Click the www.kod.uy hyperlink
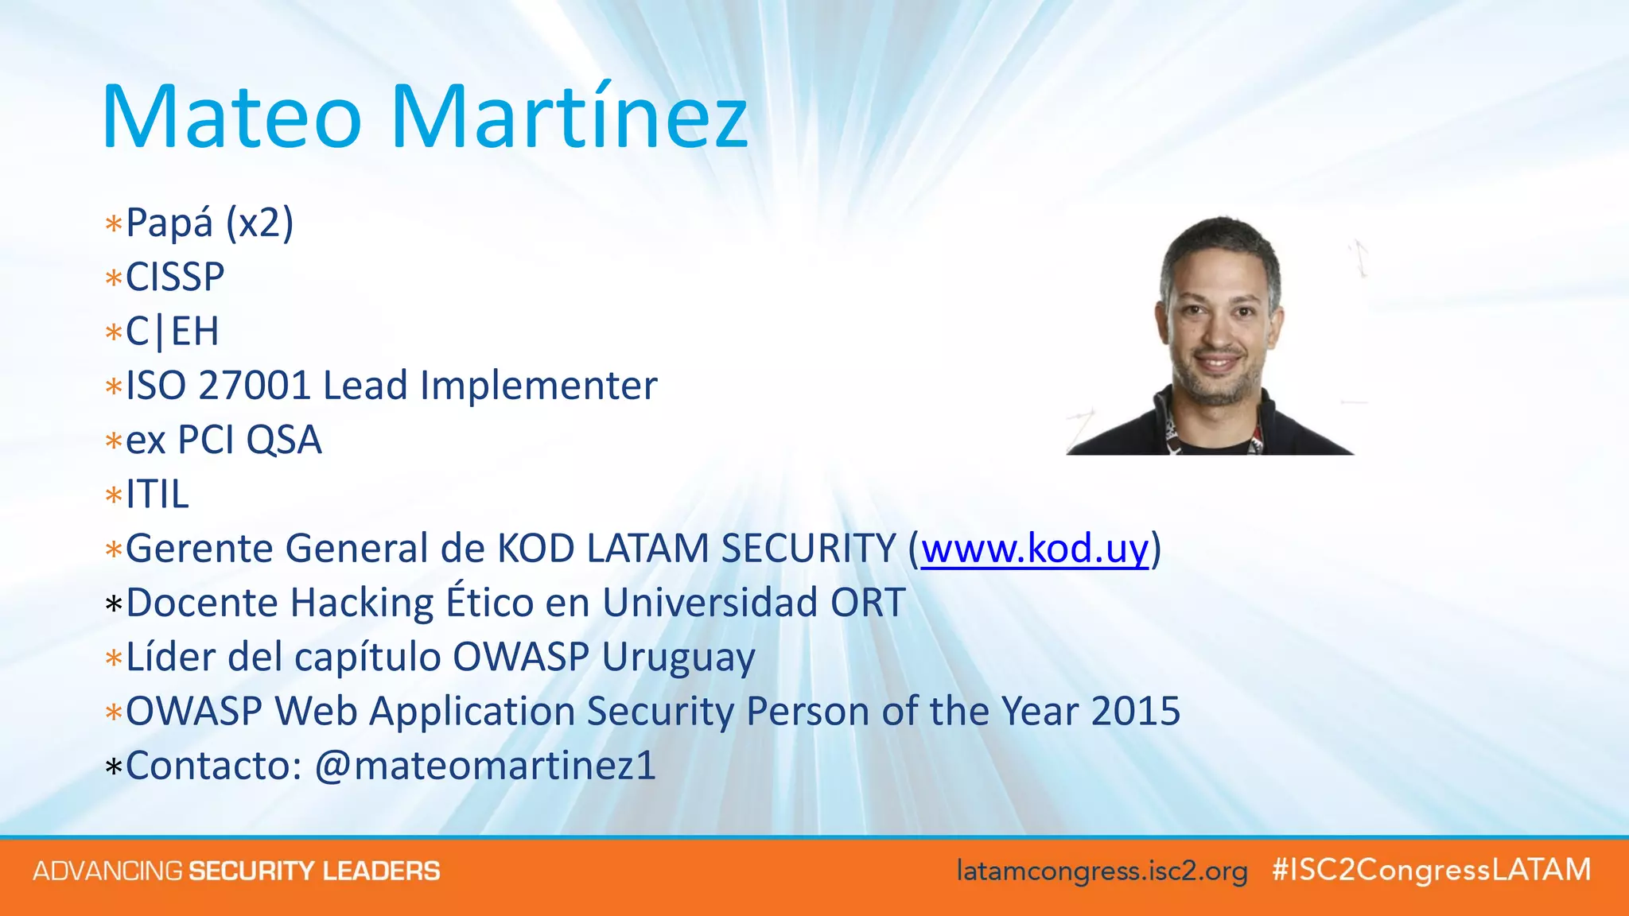click(1034, 549)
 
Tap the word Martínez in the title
click(569, 118)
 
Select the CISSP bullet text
click(175, 277)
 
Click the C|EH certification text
click(172, 332)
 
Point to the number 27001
click(254, 386)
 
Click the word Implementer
click(538, 386)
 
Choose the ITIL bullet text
click(157, 495)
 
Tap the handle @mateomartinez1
click(485, 766)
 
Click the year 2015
click(1135, 711)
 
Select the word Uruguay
click(678, 658)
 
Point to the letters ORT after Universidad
click(868, 603)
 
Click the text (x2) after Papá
click(259, 223)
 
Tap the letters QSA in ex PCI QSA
click(284, 440)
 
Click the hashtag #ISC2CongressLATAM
click(1431, 870)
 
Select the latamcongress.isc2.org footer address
click(1102, 871)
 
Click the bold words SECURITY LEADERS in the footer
click(313, 871)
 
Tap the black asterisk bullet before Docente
click(114, 605)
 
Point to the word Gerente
click(199, 549)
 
